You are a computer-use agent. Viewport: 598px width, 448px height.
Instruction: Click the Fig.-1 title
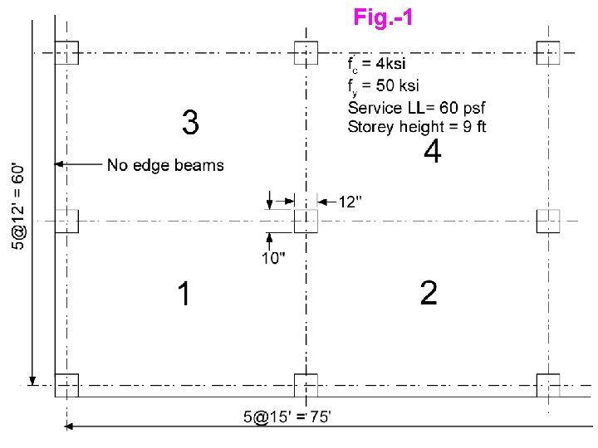(x=382, y=17)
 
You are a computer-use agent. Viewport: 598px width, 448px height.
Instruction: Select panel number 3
(x=190, y=124)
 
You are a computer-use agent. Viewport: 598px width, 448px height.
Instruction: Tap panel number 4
(x=432, y=152)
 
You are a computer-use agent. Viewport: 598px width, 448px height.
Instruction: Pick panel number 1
(x=184, y=293)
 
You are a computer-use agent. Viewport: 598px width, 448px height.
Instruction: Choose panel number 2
(x=429, y=293)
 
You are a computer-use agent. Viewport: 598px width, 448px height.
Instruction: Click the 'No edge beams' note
(x=165, y=165)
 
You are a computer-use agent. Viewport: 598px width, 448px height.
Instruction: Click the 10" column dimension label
(x=274, y=258)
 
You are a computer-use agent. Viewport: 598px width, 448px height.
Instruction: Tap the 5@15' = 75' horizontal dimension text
(x=287, y=417)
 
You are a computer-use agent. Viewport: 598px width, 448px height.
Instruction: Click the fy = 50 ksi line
(x=382, y=85)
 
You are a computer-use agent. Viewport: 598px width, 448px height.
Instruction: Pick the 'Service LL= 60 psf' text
(x=416, y=108)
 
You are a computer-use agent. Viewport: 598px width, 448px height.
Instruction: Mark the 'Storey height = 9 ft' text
(x=417, y=127)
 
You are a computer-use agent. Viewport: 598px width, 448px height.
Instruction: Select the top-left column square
(x=66, y=52)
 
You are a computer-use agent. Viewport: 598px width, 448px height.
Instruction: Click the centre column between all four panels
(x=306, y=222)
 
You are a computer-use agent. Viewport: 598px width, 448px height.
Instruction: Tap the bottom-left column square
(x=66, y=386)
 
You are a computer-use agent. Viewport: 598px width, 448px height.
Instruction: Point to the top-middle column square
(x=306, y=52)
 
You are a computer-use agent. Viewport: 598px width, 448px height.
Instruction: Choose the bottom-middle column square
(x=306, y=386)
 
